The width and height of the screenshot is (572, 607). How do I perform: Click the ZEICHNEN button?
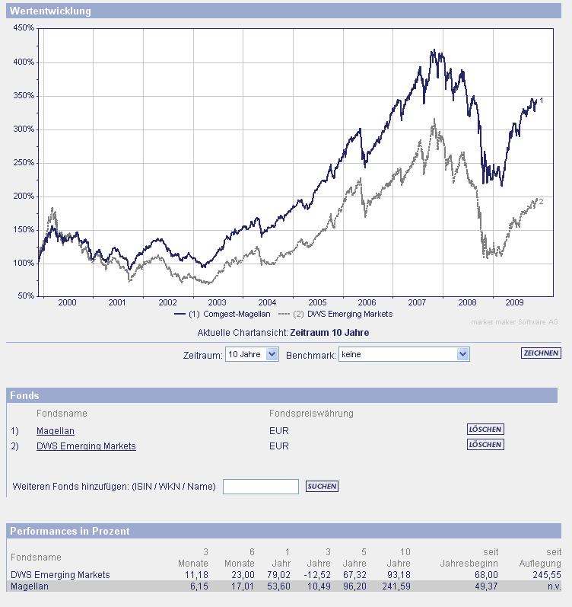pyautogui.click(x=541, y=353)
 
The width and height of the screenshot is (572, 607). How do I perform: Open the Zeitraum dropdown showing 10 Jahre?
pyautogui.click(x=253, y=354)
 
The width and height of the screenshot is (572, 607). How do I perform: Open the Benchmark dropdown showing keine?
pyautogui.click(x=404, y=354)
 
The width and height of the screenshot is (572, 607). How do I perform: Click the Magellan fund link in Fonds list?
pyautogui.click(x=56, y=431)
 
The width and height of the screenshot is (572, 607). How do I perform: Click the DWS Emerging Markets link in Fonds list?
pyautogui.click(x=86, y=446)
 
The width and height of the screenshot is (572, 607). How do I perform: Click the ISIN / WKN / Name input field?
pyautogui.click(x=260, y=487)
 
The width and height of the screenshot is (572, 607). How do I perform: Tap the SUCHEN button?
pyautogui.click(x=322, y=487)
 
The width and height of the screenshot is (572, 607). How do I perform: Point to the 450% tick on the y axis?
pyautogui.click(x=24, y=28)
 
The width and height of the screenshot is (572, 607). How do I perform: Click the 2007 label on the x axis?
pyautogui.click(x=416, y=302)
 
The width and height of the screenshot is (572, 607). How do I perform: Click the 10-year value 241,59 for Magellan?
pyautogui.click(x=395, y=586)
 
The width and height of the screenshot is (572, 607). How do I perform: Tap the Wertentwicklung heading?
pyautogui.click(x=50, y=11)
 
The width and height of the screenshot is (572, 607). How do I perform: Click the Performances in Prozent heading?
pyautogui.click(x=70, y=531)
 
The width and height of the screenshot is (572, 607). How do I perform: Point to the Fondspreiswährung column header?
pyautogui.click(x=311, y=414)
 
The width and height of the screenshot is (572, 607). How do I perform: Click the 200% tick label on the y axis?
pyautogui.click(x=24, y=196)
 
